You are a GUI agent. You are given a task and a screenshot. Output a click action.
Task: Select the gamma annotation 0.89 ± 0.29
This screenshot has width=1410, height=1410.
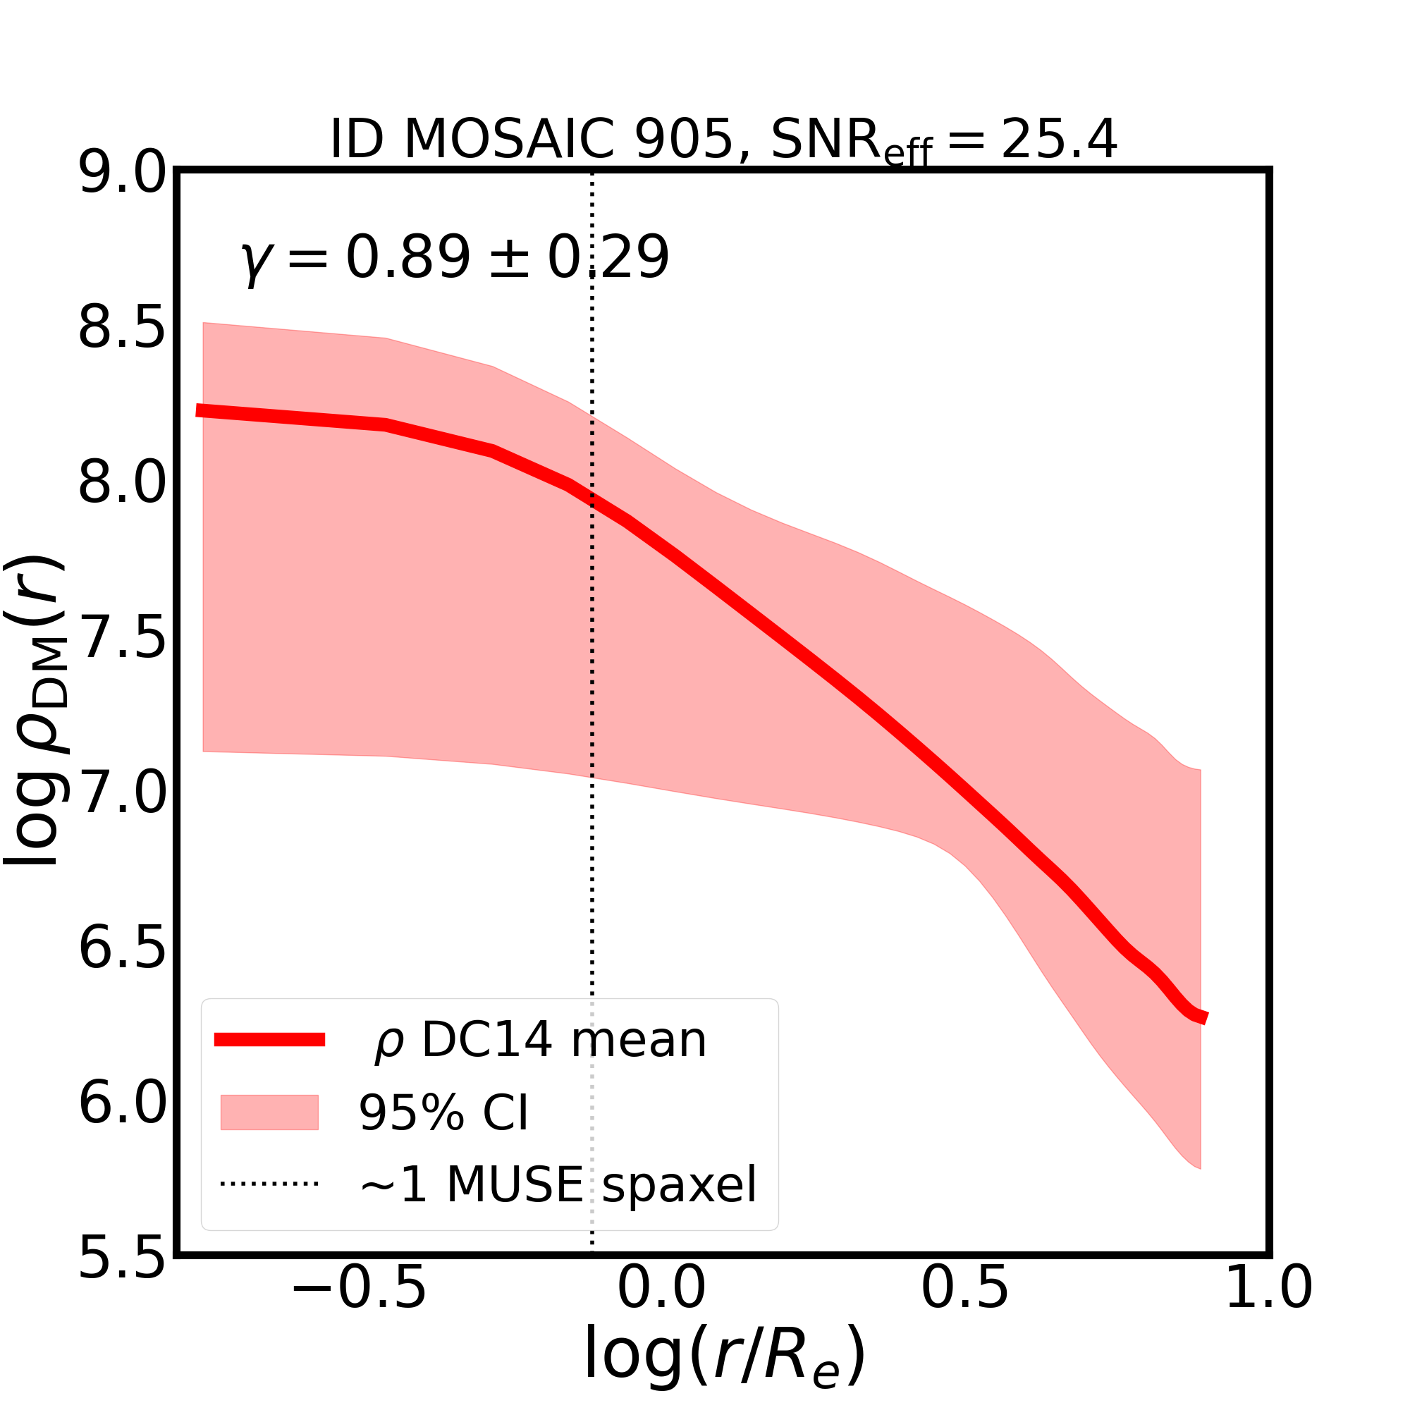pyautogui.click(x=455, y=257)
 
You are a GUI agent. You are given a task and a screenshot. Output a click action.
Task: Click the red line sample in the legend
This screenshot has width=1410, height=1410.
pyautogui.click(x=269, y=1040)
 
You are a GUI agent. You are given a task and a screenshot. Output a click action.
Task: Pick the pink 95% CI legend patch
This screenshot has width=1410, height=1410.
pyautogui.click(x=269, y=1112)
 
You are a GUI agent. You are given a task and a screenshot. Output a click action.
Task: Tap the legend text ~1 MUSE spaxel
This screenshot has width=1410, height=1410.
pyautogui.click(x=558, y=1185)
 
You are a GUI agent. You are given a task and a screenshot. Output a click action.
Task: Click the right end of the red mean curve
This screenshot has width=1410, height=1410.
pyautogui.click(x=1204, y=1018)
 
